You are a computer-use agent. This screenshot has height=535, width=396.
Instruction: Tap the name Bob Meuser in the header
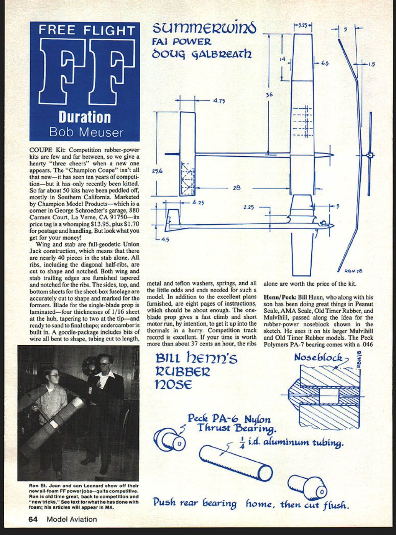pos(86,132)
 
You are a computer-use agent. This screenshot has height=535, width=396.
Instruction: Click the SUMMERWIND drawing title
pos(204,28)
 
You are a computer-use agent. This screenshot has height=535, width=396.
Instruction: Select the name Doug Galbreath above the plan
pos(202,54)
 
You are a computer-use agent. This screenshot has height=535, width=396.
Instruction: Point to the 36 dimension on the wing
pos(269,94)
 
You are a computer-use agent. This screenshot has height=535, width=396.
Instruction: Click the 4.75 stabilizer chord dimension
pos(219,101)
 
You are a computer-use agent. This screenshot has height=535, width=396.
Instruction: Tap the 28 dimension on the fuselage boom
pos(237,188)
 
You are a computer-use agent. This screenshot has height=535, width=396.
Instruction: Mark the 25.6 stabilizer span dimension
pos(157,171)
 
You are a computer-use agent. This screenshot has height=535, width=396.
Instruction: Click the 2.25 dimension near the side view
pos(248,207)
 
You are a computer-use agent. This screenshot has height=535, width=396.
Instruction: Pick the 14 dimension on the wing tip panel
pos(282,59)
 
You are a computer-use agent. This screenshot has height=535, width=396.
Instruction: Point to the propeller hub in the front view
pos(370,156)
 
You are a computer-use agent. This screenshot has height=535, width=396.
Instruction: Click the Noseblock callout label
pos(318,358)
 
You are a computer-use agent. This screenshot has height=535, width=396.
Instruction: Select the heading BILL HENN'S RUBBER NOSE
pos(196,371)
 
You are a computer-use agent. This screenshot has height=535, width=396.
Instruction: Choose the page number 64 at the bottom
pos(33,519)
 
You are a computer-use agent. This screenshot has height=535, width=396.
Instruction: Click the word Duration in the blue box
pos(85,117)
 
